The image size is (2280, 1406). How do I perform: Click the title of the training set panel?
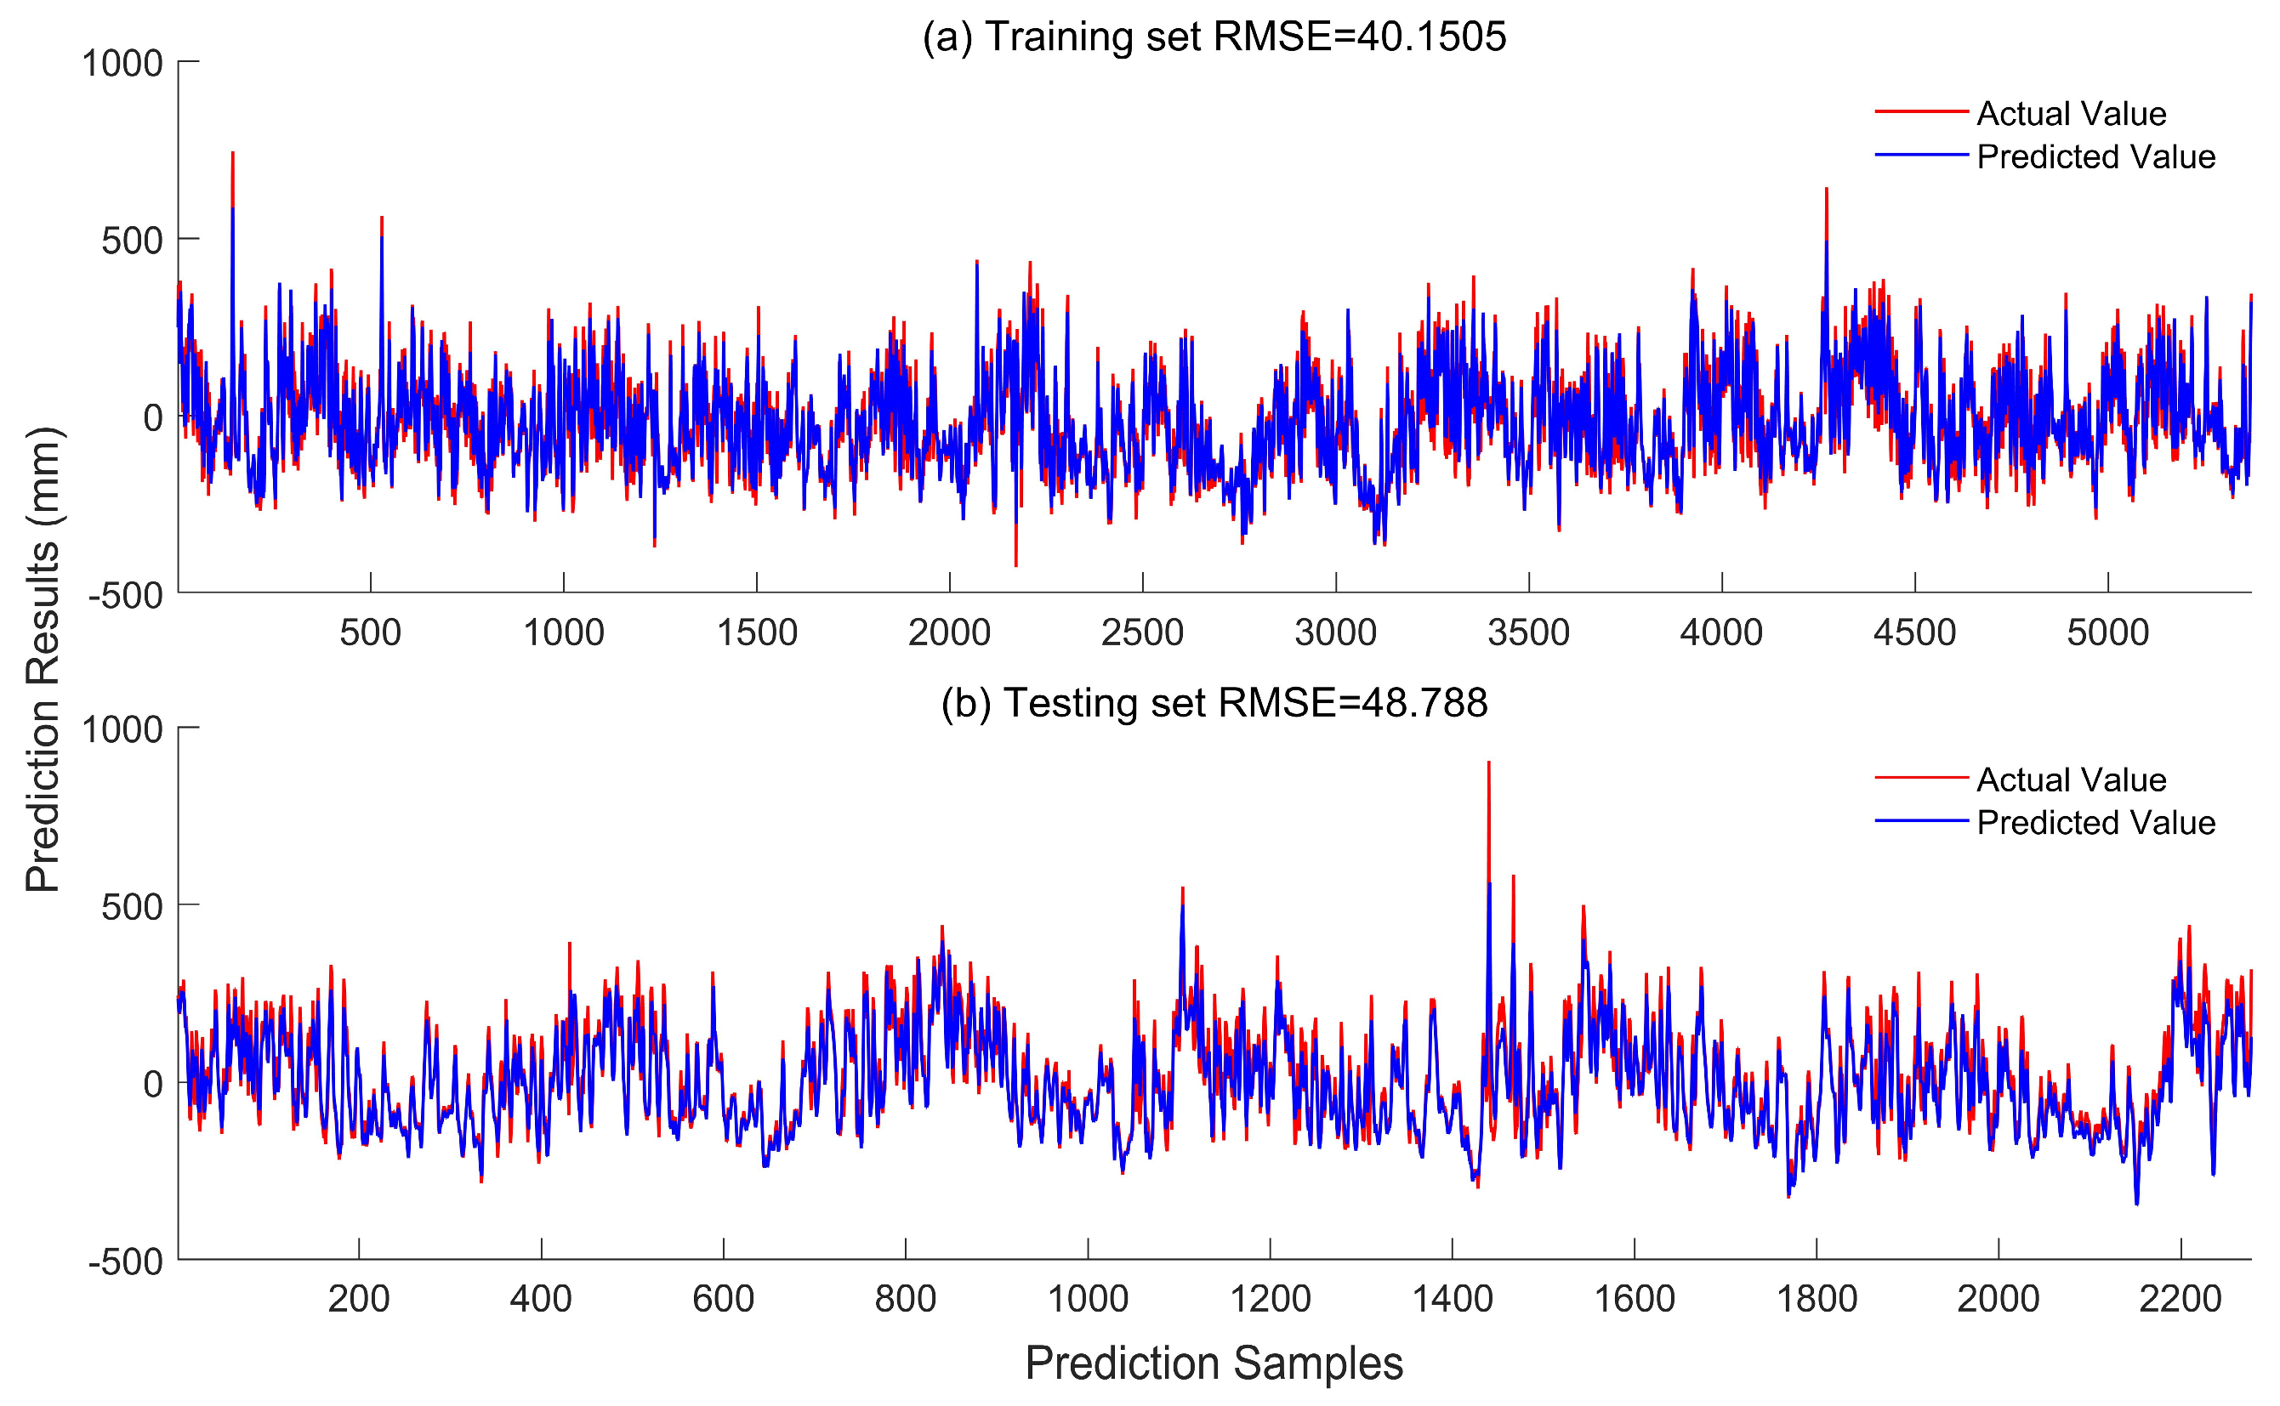click(1213, 37)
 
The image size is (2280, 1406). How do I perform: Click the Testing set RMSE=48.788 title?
click(1213, 703)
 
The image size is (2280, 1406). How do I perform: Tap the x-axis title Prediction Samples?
click(1213, 1363)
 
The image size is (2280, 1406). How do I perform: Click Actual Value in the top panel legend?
click(2071, 113)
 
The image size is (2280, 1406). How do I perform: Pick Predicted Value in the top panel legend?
click(2095, 156)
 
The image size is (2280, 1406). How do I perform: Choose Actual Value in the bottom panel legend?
click(2071, 780)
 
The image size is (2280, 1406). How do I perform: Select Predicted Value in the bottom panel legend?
click(2095, 822)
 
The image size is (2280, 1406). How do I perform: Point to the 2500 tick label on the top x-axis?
click(1141, 633)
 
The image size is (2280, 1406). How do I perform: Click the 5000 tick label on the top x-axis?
click(2107, 633)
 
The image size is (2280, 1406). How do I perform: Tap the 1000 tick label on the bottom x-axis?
click(1088, 1299)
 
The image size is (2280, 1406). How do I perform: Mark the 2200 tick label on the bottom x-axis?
click(2180, 1299)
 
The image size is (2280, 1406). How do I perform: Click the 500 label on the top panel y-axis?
click(132, 241)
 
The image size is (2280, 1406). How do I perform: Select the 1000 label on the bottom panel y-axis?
click(122, 730)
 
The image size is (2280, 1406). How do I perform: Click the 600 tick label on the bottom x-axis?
click(723, 1299)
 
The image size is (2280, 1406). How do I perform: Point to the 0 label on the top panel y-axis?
click(152, 418)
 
